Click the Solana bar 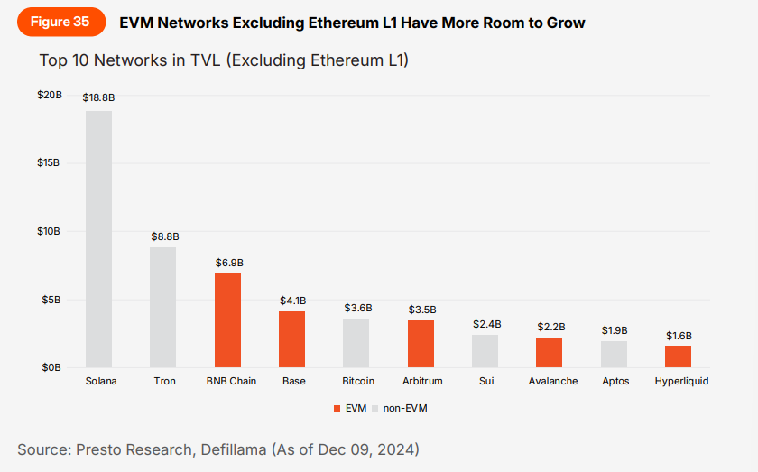pos(99,239)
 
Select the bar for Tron pos(163,307)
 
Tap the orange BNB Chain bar pos(228,320)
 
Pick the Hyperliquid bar pos(679,356)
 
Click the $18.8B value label pos(98,97)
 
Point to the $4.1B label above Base pos(293,300)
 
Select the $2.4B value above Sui pos(486,323)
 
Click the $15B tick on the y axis pos(49,162)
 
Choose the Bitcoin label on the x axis pos(358,381)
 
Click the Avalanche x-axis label pos(553,381)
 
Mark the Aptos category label pos(615,381)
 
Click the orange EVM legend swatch pos(337,408)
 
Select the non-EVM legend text pos(404,408)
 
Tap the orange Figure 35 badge pos(60,23)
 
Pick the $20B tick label pos(49,95)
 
